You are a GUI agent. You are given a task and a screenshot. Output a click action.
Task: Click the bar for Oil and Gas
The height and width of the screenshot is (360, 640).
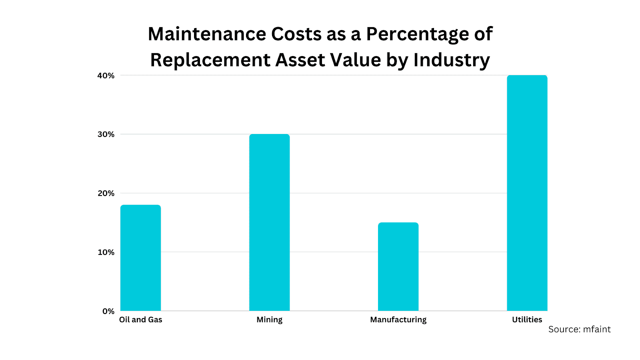click(140, 258)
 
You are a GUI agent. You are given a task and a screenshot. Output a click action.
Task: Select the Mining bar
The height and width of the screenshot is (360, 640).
click(269, 222)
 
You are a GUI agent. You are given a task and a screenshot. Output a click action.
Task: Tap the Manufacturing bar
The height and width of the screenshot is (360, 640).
click(398, 267)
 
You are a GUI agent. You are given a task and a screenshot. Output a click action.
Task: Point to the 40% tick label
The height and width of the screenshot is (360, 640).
click(106, 76)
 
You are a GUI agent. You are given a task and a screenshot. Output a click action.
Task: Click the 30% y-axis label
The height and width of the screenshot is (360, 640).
click(106, 134)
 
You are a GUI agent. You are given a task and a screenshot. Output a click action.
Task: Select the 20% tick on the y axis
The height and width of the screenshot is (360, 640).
click(106, 193)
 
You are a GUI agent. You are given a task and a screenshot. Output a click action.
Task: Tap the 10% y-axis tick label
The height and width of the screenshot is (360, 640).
click(106, 252)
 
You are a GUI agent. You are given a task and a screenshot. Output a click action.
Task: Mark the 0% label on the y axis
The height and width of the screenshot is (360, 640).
click(108, 311)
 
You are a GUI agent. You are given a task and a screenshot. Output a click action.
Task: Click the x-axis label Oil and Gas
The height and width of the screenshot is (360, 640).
click(141, 320)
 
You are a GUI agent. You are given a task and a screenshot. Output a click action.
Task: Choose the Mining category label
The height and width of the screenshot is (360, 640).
click(269, 320)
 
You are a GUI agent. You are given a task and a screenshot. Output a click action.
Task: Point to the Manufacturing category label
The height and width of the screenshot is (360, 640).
click(398, 320)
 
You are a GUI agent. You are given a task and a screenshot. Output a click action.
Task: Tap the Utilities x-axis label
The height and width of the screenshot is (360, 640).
click(527, 320)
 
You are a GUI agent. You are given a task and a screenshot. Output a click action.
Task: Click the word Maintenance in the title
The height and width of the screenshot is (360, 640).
click(207, 34)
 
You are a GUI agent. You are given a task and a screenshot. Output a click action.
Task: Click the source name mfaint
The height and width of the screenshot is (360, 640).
click(597, 329)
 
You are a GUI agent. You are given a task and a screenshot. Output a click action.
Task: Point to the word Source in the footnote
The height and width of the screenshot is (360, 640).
click(564, 329)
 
